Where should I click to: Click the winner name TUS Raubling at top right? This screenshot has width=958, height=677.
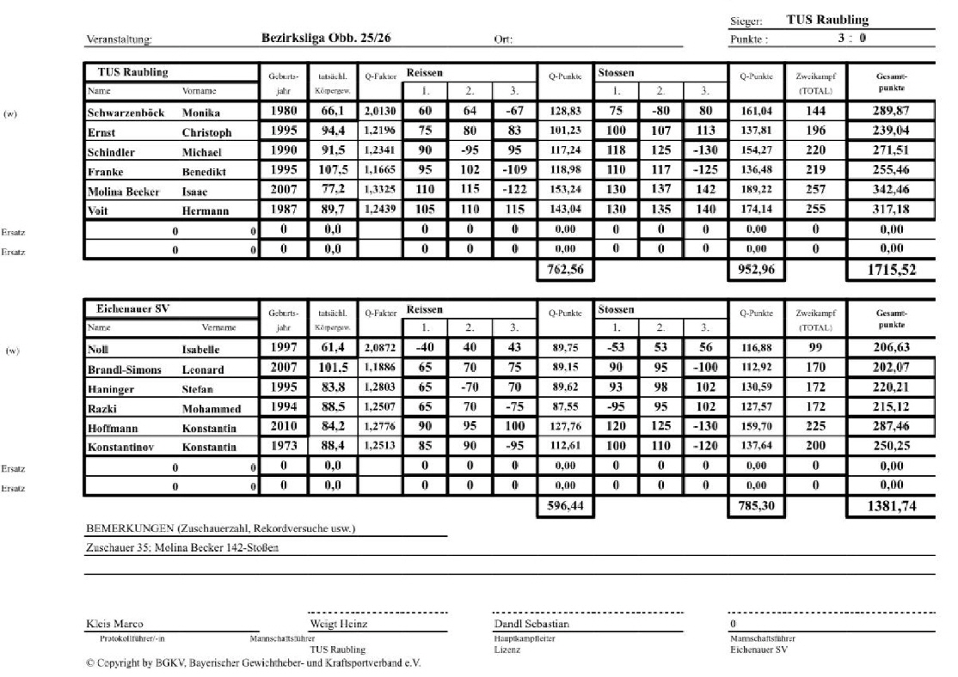click(x=827, y=20)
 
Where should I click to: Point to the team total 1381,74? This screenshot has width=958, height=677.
click(x=891, y=508)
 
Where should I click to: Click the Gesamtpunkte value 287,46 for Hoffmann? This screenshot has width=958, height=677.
click(x=891, y=427)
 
